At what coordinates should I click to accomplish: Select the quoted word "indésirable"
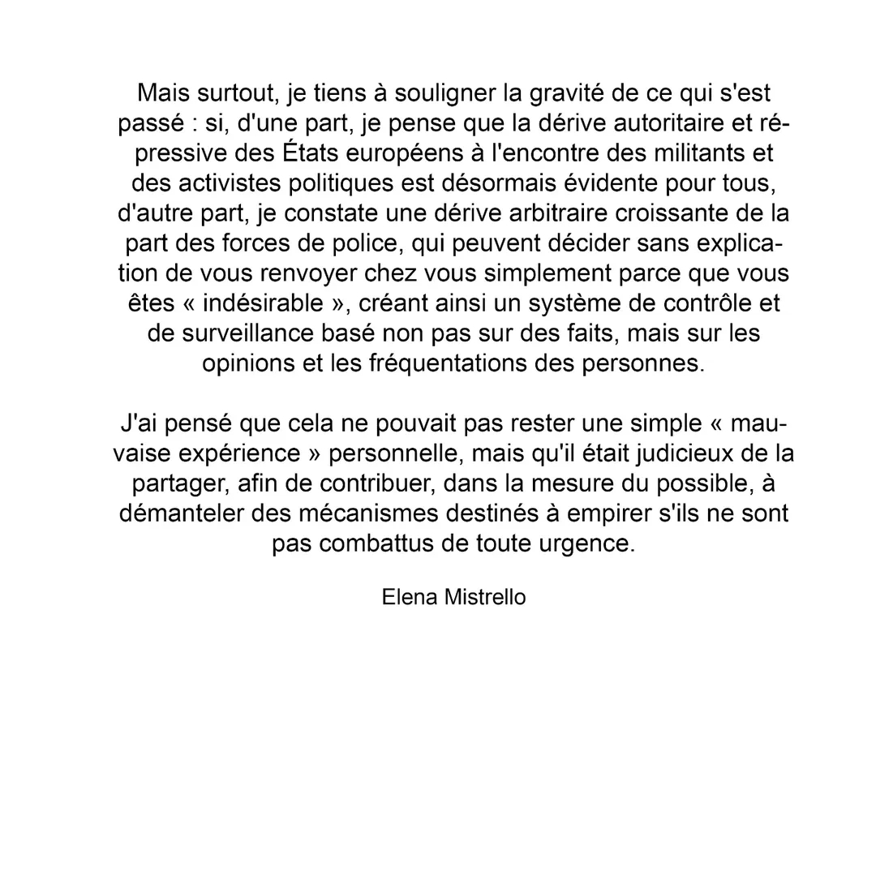[262, 303]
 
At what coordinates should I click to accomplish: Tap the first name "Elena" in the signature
[410, 598]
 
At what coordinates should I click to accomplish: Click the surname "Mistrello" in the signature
[485, 598]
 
